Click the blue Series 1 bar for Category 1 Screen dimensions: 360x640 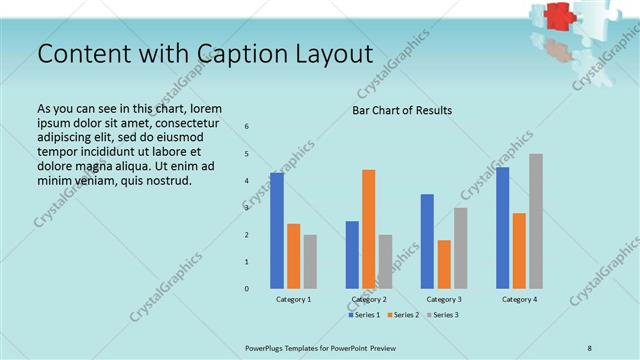coord(277,231)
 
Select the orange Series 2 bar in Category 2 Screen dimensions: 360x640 coord(369,229)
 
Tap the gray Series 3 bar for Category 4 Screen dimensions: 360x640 coord(536,221)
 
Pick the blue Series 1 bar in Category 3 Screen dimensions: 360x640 coord(428,241)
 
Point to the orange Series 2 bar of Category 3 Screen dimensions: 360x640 coord(444,264)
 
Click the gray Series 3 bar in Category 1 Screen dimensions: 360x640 coord(310,262)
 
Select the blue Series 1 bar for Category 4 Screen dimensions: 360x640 coord(503,228)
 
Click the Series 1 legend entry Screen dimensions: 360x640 coord(365,315)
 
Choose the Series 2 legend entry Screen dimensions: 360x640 coord(402,315)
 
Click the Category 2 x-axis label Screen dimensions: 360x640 coord(369,299)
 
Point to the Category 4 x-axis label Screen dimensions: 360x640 coord(519,299)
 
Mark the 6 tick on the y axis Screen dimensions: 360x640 coord(247,126)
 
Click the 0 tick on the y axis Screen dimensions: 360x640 coord(247,289)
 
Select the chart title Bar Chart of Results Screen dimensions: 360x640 coord(402,109)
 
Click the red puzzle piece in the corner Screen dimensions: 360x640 coord(557,17)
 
